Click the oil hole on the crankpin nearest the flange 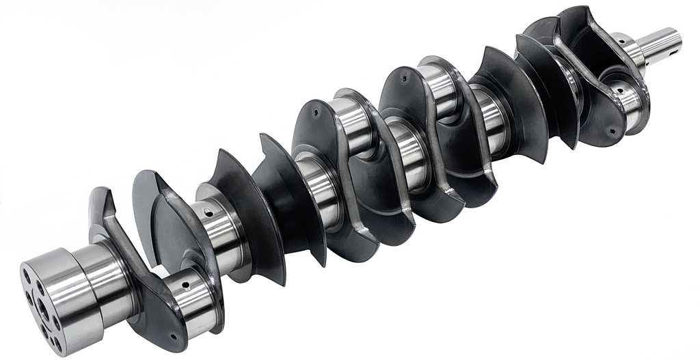185,279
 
